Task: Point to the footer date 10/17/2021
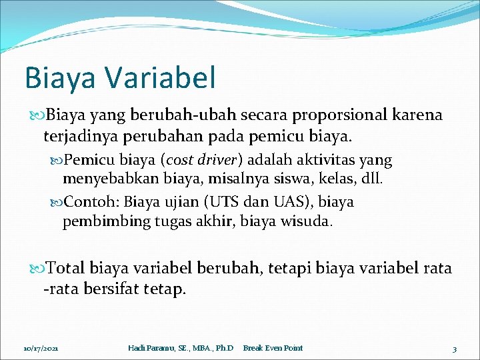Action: (x=41, y=348)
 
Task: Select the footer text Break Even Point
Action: (x=273, y=348)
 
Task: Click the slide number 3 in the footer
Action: (x=454, y=348)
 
